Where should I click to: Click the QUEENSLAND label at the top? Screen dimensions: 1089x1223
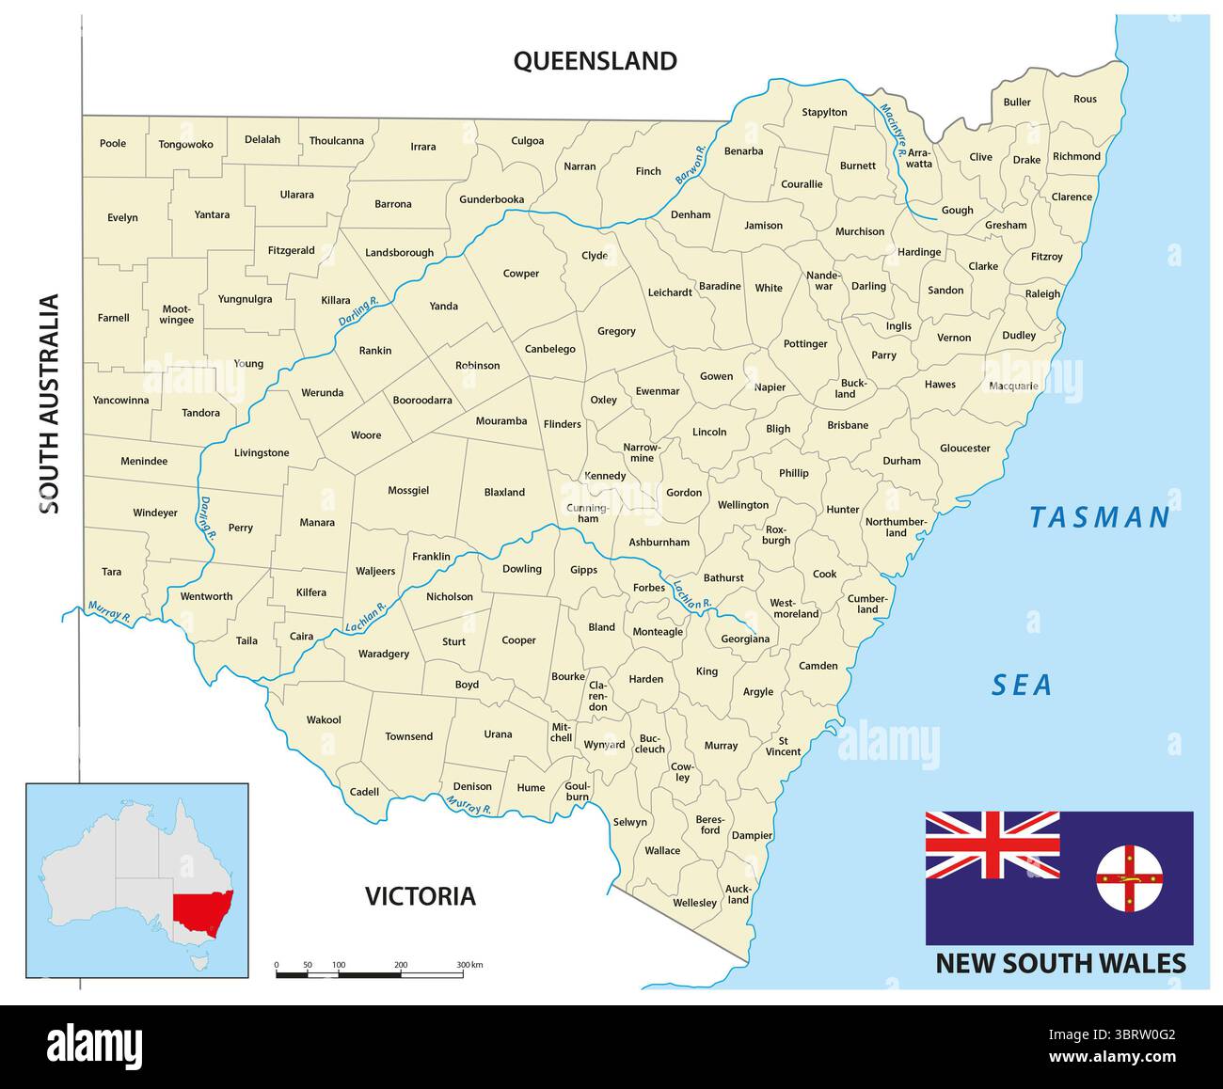(595, 61)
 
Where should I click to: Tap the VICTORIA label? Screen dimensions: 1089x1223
(421, 896)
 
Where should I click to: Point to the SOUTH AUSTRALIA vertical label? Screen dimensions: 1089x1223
(50, 404)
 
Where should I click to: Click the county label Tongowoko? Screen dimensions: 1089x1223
(186, 145)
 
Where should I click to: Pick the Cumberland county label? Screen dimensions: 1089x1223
(866, 604)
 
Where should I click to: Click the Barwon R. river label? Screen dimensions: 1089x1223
(691, 164)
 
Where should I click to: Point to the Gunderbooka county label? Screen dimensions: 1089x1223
(491, 199)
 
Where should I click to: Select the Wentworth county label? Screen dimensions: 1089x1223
(206, 596)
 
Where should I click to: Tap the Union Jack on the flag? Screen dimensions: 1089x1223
(992, 844)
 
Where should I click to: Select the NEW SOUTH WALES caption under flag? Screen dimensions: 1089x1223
(1060, 964)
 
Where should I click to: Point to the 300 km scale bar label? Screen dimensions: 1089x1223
(469, 965)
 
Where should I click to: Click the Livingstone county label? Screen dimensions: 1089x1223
(262, 453)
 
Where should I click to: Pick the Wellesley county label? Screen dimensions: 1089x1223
(694, 903)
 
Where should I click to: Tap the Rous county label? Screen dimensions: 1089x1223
(1085, 99)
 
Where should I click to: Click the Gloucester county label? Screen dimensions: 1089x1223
(964, 449)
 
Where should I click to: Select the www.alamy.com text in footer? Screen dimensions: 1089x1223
(1112, 1057)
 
